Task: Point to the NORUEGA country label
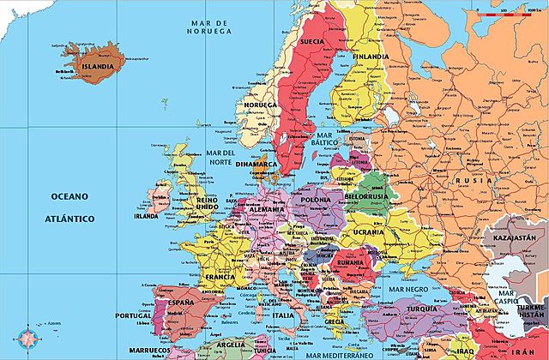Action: (x=260, y=105)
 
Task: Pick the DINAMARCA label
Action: (x=258, y=162)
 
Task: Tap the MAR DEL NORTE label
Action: (x=220, y=158)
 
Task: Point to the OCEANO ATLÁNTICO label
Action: (x=70, y=207)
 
